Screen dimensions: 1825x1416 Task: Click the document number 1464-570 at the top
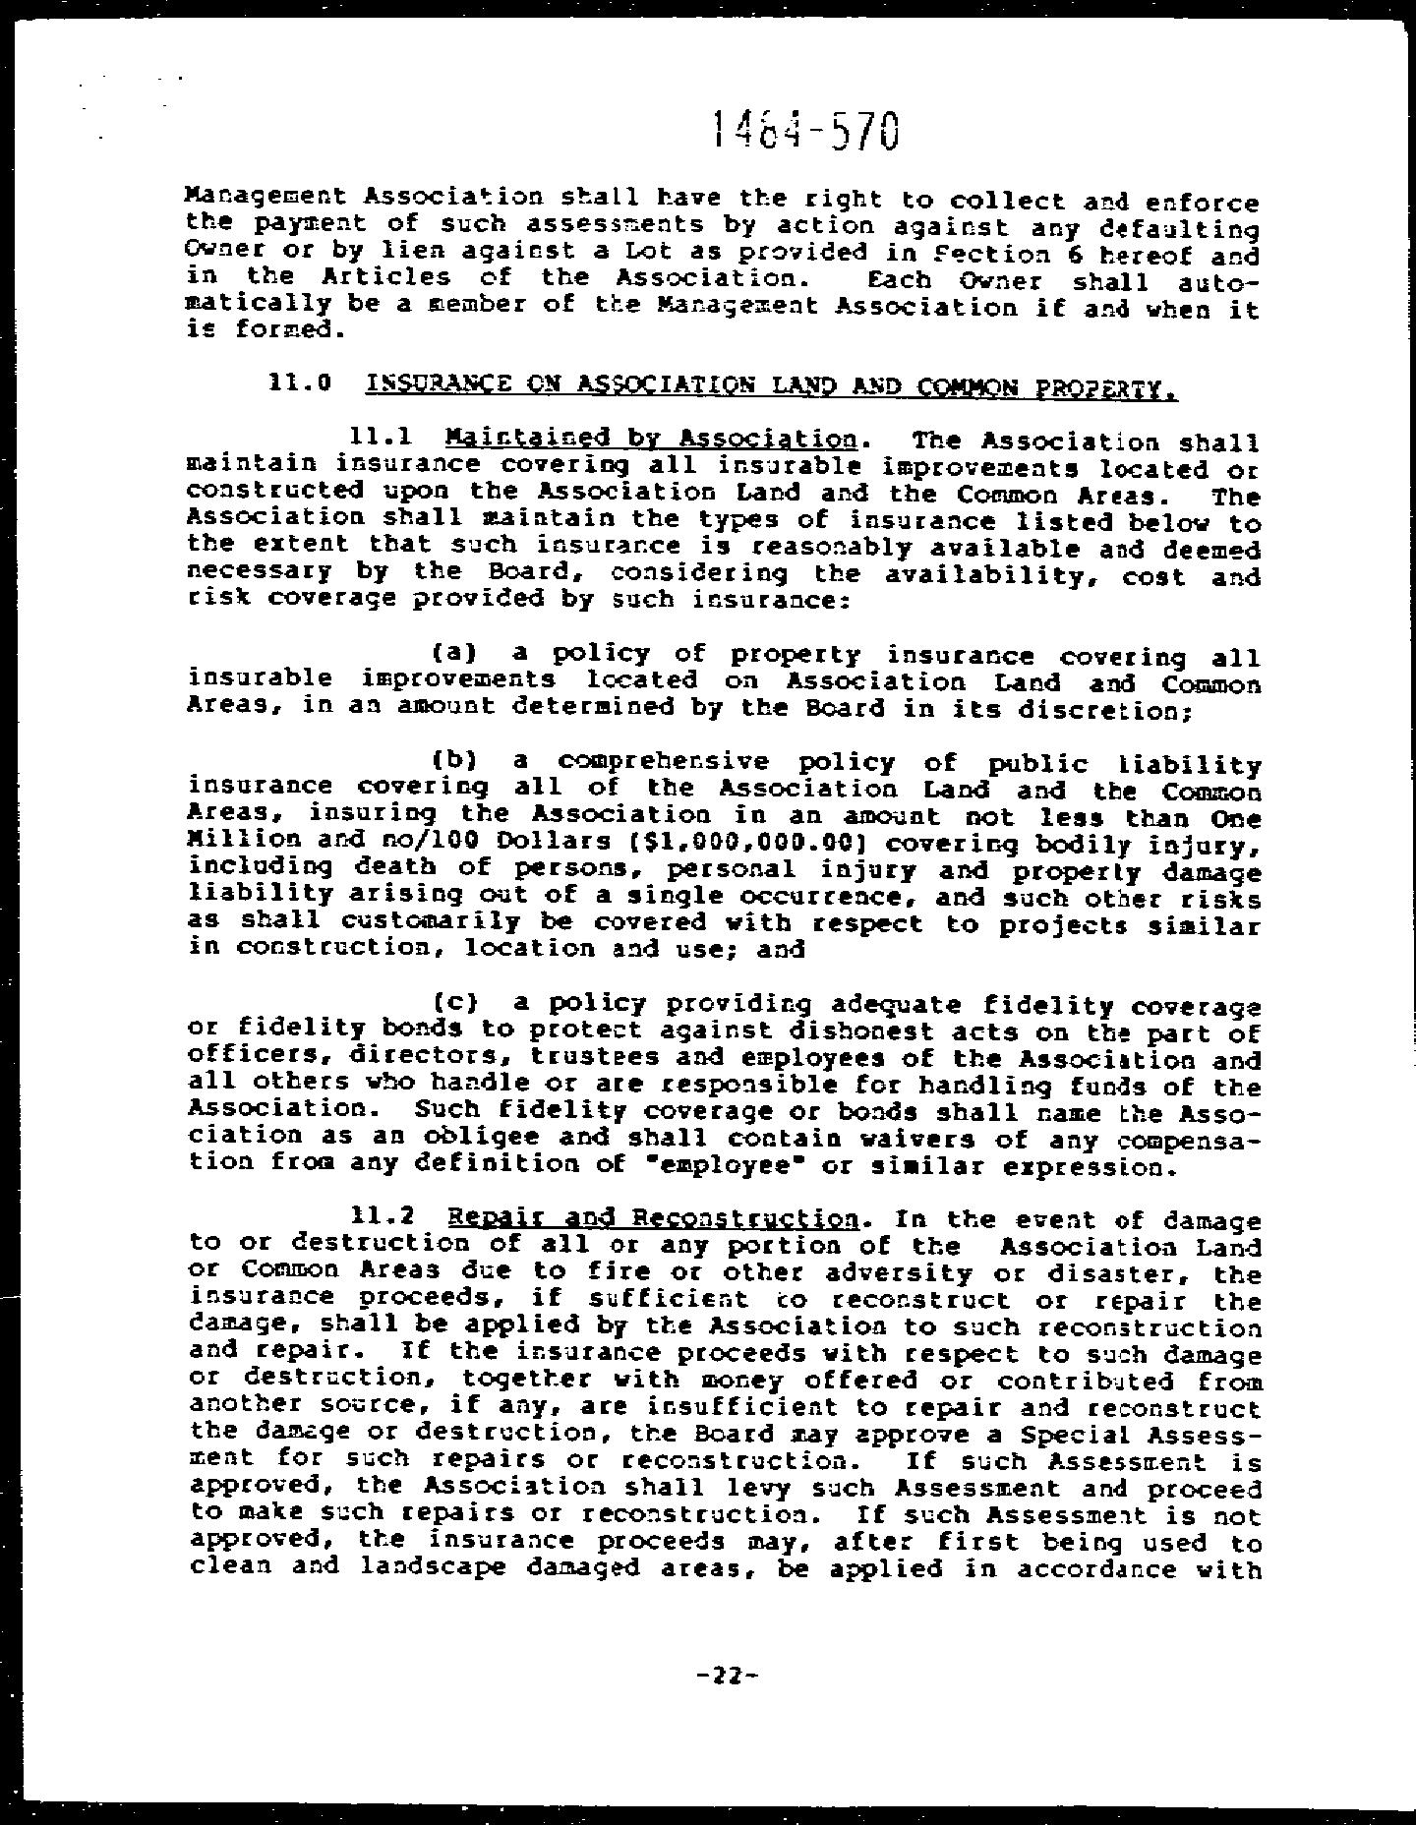pos(804,129)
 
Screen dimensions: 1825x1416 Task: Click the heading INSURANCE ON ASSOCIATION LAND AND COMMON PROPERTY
pos(770,386)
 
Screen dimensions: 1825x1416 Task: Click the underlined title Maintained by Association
pos(650,438)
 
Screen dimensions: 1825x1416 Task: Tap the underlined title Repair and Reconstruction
pos(653,1220)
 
